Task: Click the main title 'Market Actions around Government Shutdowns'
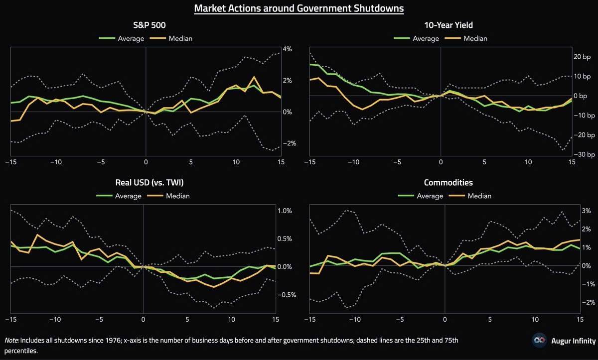tap(299, 8)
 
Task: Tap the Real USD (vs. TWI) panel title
tap(143, 182)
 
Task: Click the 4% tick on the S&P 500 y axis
tap(287, 49)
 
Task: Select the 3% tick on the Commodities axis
tap(587, 211)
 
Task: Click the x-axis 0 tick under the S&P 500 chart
tap(146, 162)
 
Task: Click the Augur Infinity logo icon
tap(538, 341)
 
